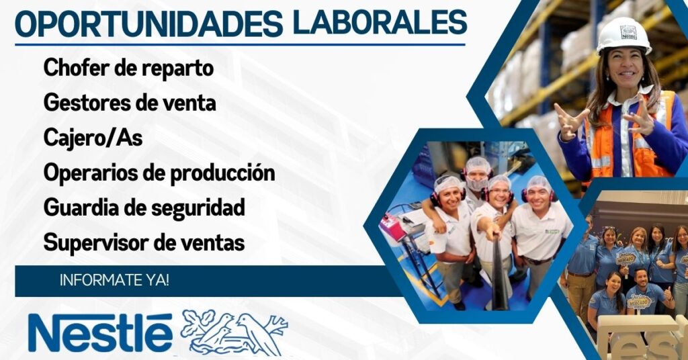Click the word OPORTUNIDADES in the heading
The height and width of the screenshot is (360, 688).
coord(148,25)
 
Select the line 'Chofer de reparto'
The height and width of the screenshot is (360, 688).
coord(128,68)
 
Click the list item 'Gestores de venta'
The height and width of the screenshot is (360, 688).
coord(130,103)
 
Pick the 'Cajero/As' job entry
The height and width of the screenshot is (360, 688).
coord(93,138)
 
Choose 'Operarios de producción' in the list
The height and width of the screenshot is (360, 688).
coord(159,173)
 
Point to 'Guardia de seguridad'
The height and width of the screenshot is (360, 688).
coord(144,208)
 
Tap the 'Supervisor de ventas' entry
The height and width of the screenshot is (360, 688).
coord(144,242)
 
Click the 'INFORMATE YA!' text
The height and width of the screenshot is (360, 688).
coord(114,281)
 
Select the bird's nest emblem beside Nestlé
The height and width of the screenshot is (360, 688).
coord(234,332)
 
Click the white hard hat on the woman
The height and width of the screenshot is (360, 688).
coord(623,35)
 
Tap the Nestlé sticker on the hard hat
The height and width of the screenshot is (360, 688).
coord(628,32)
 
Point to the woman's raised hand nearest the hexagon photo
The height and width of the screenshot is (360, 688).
coord(570,122)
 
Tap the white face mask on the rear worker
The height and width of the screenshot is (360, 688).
coord(477,183)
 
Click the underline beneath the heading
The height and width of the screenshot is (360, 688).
coord(240,44)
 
